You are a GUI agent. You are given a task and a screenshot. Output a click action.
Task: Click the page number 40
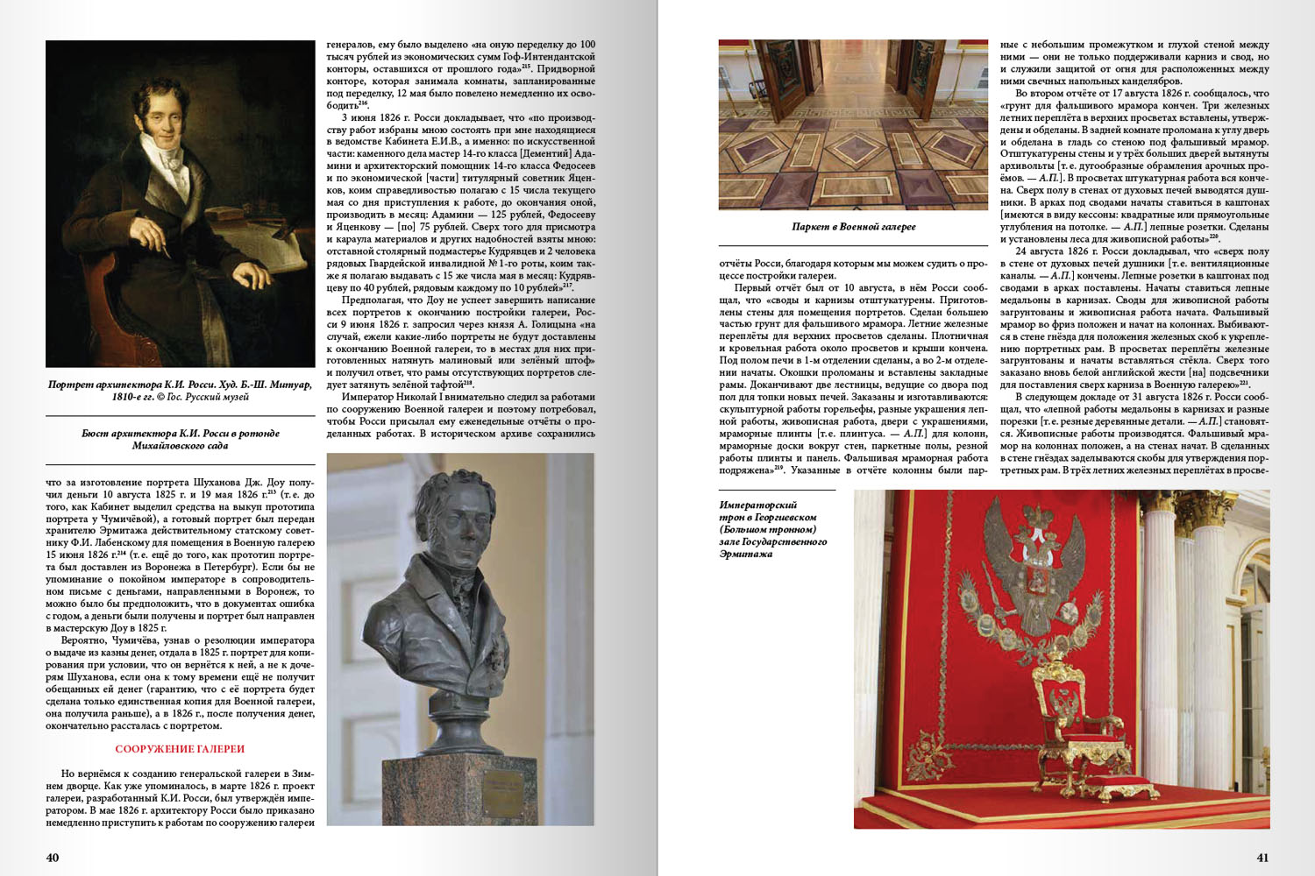[x=53, y=858]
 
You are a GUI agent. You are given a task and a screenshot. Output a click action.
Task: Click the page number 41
[x=1262, y=858]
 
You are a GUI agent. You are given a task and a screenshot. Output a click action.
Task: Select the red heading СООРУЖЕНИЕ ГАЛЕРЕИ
[x=180, y=749]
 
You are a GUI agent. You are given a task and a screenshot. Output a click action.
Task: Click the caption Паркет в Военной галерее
[x=853, y=227]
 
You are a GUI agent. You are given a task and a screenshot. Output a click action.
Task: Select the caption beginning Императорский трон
[x=772, y=529]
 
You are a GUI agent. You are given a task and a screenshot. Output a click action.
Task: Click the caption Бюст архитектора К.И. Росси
[x=180, y=439]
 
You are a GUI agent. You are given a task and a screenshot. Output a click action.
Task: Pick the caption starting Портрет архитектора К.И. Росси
[x=180, y=390]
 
